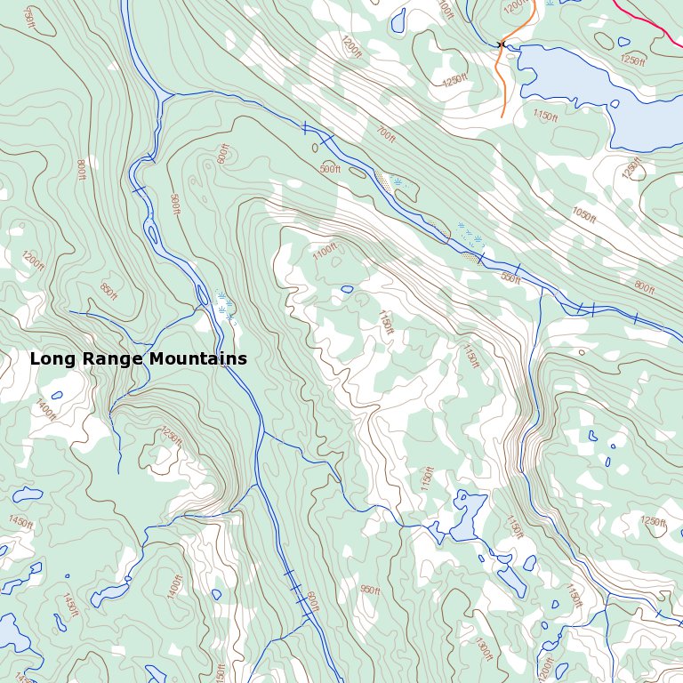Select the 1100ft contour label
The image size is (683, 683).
tap(325, 252)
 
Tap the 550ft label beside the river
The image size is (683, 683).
tap(510, 278)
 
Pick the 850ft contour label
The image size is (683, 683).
tap(108, 291)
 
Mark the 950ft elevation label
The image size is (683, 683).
tap(370, 591)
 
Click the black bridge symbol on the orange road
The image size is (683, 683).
tap(502, 44)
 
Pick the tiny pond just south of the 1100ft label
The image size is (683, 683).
tap(347, 289)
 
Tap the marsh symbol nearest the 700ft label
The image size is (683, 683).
tap(398, 181)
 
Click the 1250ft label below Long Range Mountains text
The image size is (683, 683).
tap(171, 436)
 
